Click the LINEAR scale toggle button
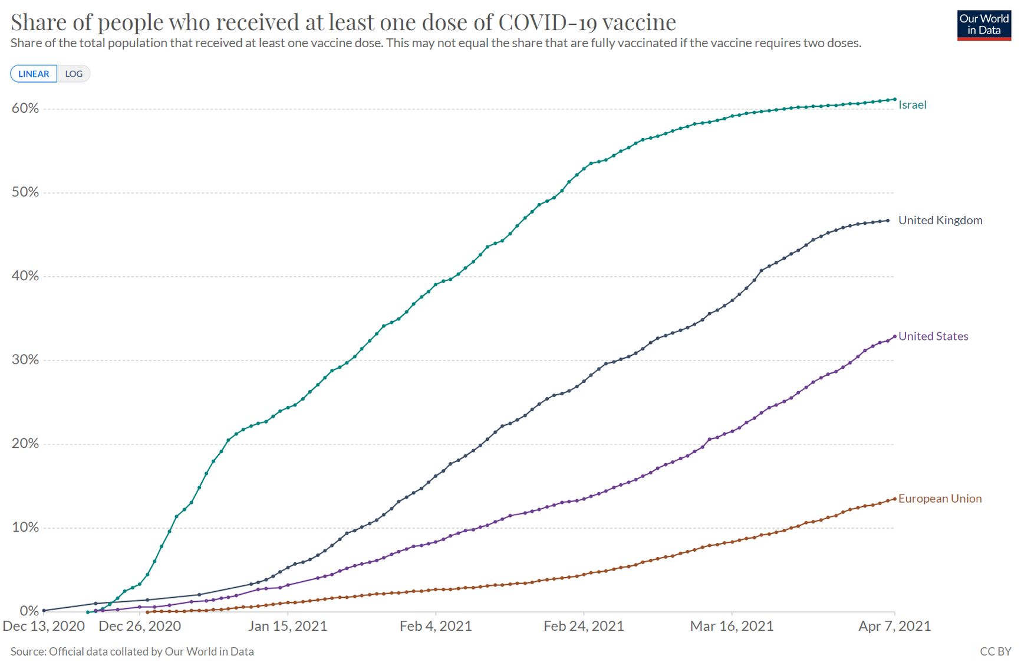coord(34,74)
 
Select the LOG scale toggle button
coord(74,74)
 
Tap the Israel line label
coord(912,105)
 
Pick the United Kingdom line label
coord(940,220)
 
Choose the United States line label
coord(933,336)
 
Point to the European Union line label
coord(940,499)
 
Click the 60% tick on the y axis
coord(25,108)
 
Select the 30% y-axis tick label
coord(25,360)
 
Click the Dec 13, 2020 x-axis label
coord(44,626)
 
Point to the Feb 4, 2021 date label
coord(436,626)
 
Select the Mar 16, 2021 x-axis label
coord(732,626)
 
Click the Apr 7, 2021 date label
coord(894,626)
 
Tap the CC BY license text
coord(995,651)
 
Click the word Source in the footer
coord(28,651)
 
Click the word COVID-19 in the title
coord(547,22)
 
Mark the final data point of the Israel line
coord(895,99)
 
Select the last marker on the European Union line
coord(895,499)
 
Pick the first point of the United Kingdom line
coord(44,610)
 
